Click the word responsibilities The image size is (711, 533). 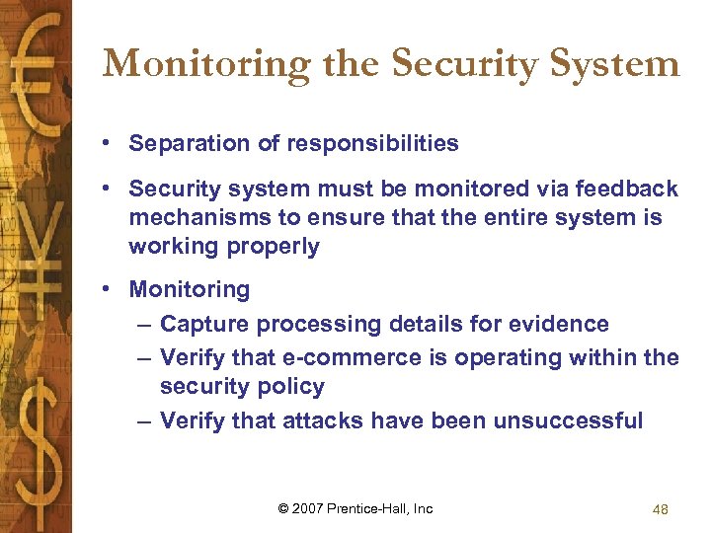372,143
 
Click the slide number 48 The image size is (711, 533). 661,509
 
